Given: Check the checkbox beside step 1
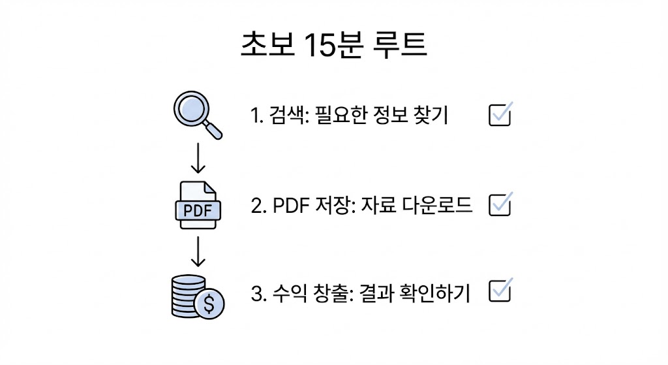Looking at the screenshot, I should coord(500,115).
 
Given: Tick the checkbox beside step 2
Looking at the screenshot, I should coord(500,205).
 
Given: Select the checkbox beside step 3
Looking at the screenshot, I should coord(500,292).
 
